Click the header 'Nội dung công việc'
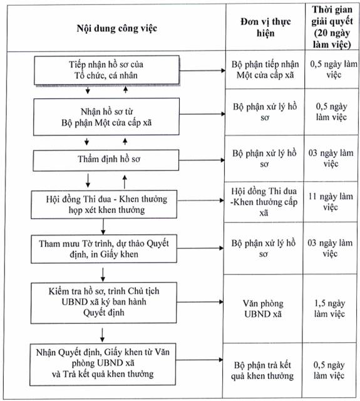(x=116, y=28)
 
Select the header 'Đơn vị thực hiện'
(x=265, y=28)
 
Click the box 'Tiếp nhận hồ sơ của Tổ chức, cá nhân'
(x=107, y=70)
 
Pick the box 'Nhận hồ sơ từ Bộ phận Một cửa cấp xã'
(x=106, y=117)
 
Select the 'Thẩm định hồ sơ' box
(x=106, y=160)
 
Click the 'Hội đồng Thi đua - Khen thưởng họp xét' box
(x=104, y=204)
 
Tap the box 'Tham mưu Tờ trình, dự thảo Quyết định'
(x=104, y=249)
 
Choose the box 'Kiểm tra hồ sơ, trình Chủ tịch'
(x=104, y=303)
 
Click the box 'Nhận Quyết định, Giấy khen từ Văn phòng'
(x=103, y=365)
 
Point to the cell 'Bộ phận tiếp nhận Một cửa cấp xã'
(x=265, y=70)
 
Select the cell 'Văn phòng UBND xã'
(x=263, y=309)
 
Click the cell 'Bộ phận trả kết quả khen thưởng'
(x=262, y=370)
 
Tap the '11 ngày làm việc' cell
(x=331, y=202)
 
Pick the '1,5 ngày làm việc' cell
(x=329, y=308)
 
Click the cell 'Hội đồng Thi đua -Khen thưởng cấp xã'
(x=264, y=202)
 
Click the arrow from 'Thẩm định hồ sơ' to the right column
(x=202, y=160)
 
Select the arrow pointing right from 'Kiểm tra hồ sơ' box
(x=200, y=302)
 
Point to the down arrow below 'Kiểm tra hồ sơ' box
(x=102, y=335)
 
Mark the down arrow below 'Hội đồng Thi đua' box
(x=103, y=227)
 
